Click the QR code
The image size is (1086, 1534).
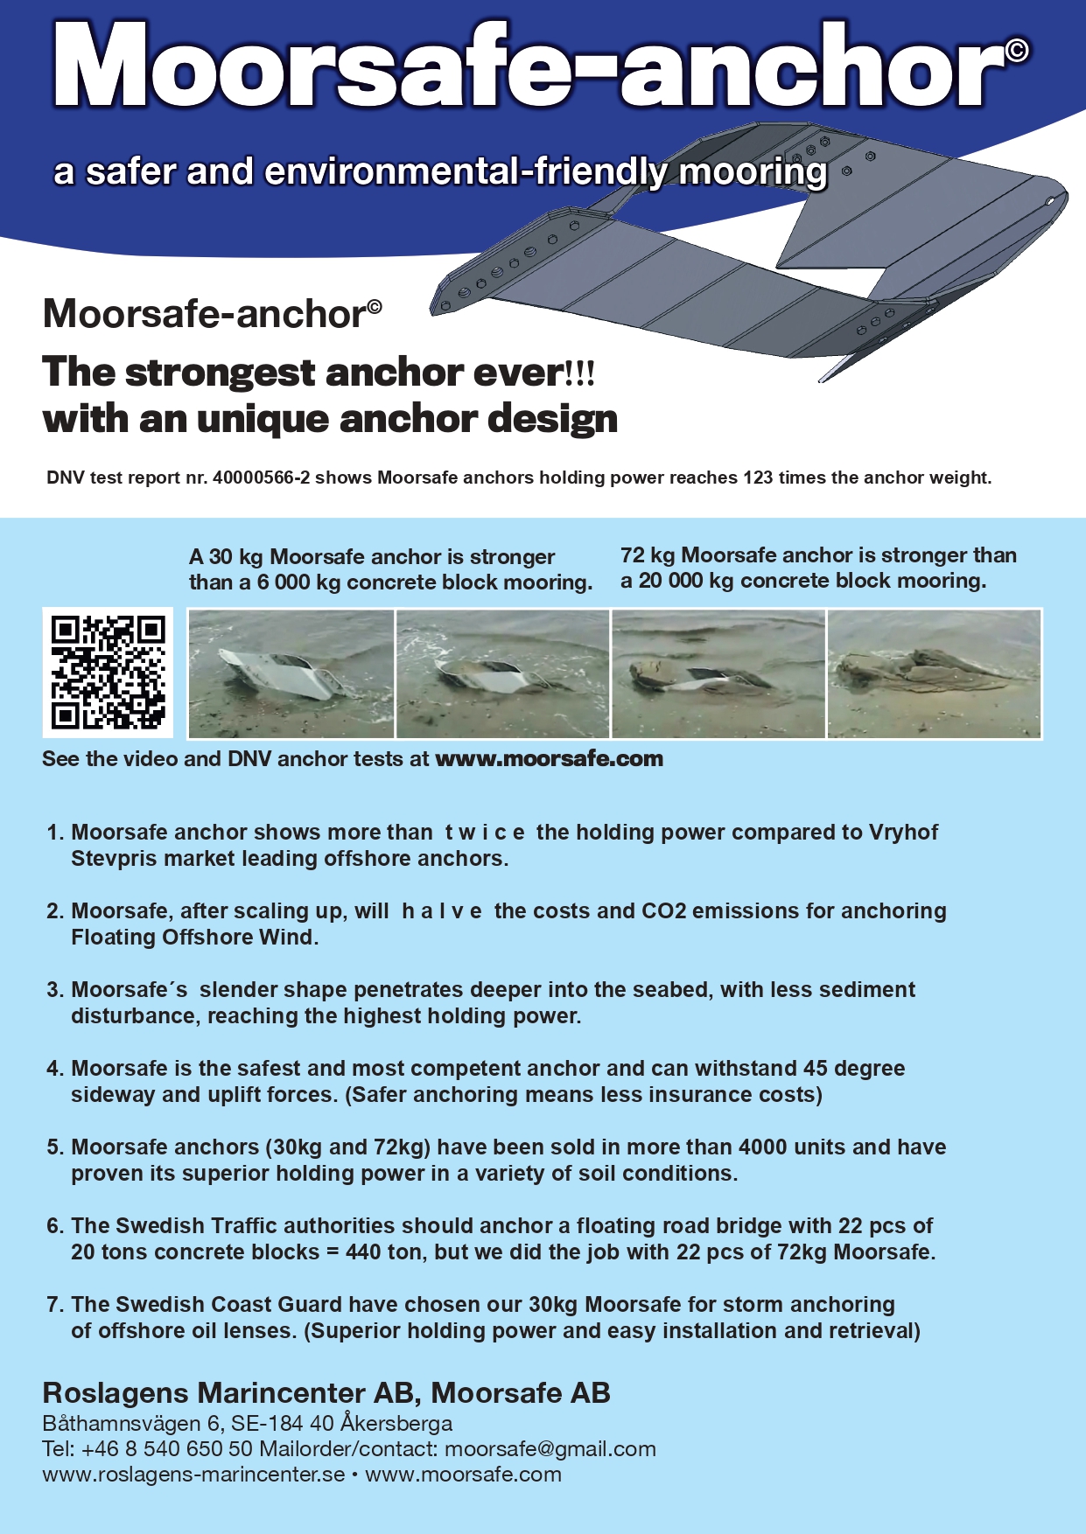tap(108, 673)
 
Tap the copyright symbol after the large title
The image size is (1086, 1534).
tap(1016, 50)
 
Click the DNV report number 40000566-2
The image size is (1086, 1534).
tap(261, 478)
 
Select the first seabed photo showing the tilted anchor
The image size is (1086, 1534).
tap(291, 673)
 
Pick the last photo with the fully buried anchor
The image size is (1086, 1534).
tap(934, 673)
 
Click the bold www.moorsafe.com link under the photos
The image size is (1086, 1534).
tap(549, 759)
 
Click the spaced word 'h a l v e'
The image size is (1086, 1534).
tap(441, 911)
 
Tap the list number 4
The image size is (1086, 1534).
tap(54, 1069)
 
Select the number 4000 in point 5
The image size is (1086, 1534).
tap(765, 1147)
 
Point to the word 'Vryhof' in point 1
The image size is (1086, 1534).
tap(903, 833)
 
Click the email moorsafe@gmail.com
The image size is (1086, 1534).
tap(550, 1449)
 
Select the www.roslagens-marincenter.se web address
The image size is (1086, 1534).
tap(193, 1475)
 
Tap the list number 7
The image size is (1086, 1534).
tap(54, 1305)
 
